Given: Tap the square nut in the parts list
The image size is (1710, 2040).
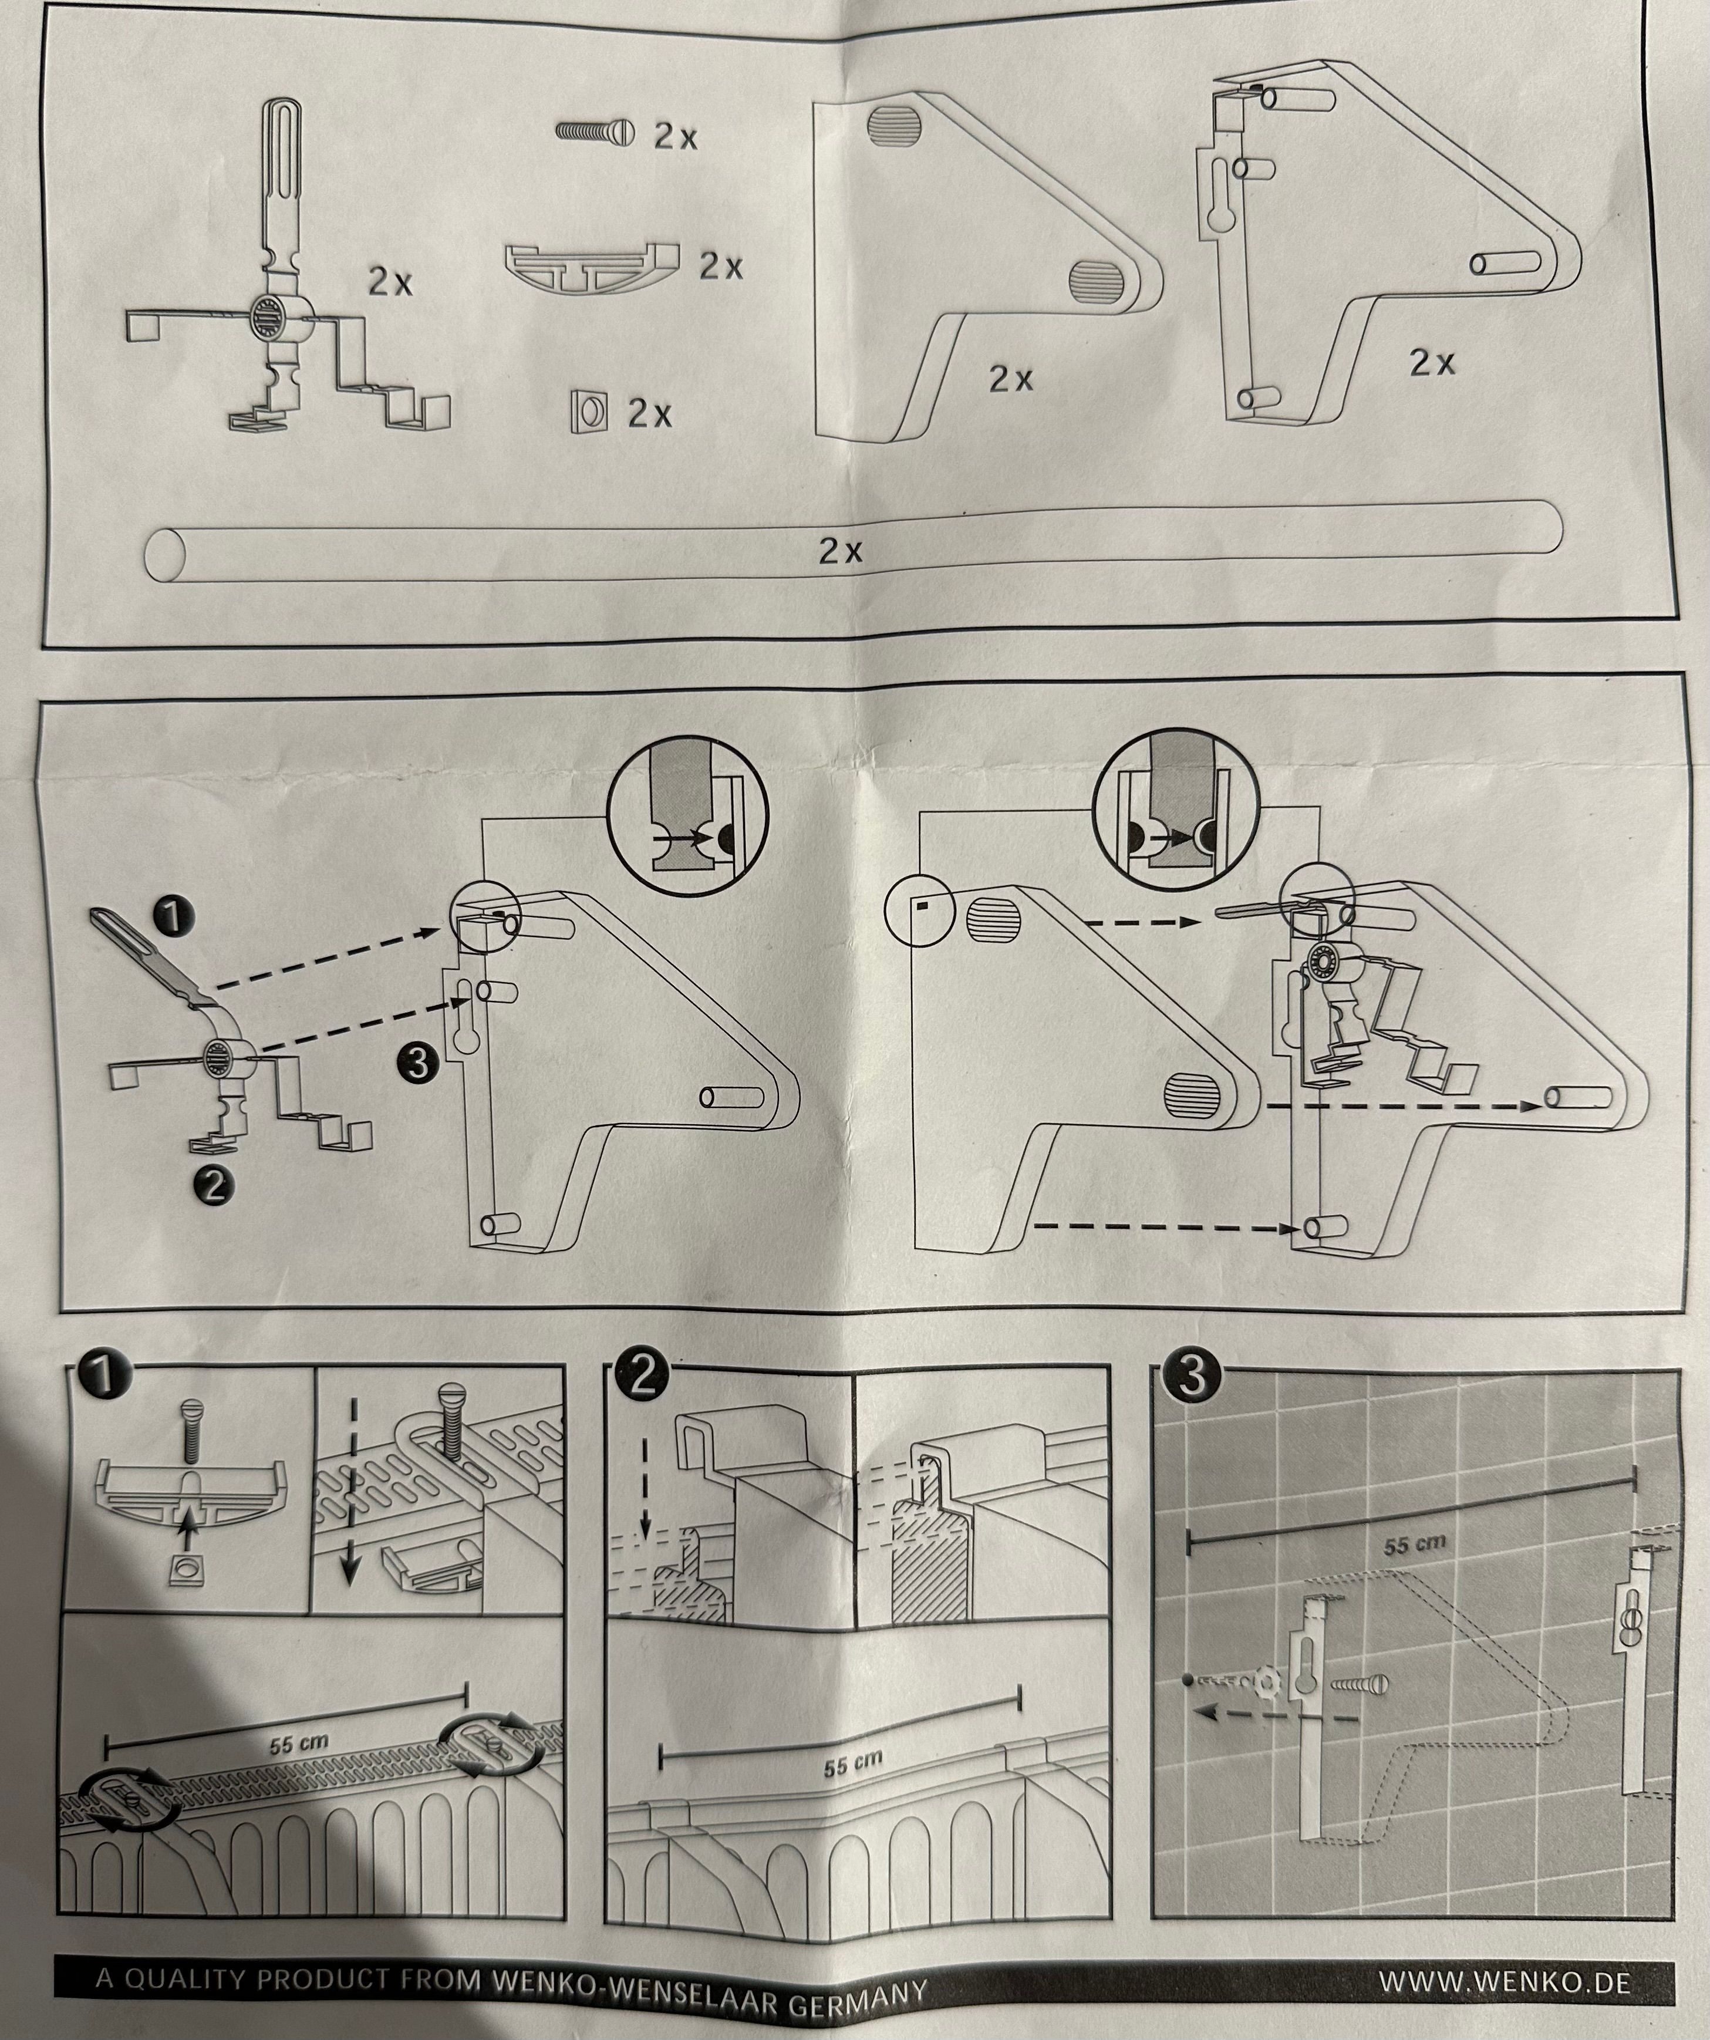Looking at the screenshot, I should point(588,413).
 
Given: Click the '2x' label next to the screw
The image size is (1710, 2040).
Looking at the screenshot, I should point(675,136).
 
